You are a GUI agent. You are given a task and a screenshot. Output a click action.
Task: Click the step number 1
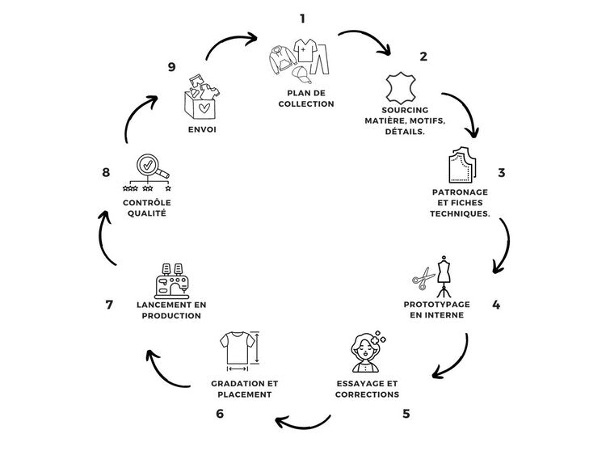click(302, 18)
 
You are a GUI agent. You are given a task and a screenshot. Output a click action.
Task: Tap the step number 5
click(406, 414)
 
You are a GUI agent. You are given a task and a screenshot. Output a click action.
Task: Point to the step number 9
click(171, 67)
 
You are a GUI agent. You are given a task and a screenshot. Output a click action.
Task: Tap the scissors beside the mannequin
click(423, 279)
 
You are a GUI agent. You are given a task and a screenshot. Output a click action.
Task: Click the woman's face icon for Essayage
click(366, 352)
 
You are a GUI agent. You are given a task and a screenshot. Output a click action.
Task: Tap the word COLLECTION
click(301, 104)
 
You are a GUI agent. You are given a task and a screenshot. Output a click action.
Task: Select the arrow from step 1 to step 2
click(364, 41)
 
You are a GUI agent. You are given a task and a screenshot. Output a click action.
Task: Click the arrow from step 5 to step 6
click(303, 420)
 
